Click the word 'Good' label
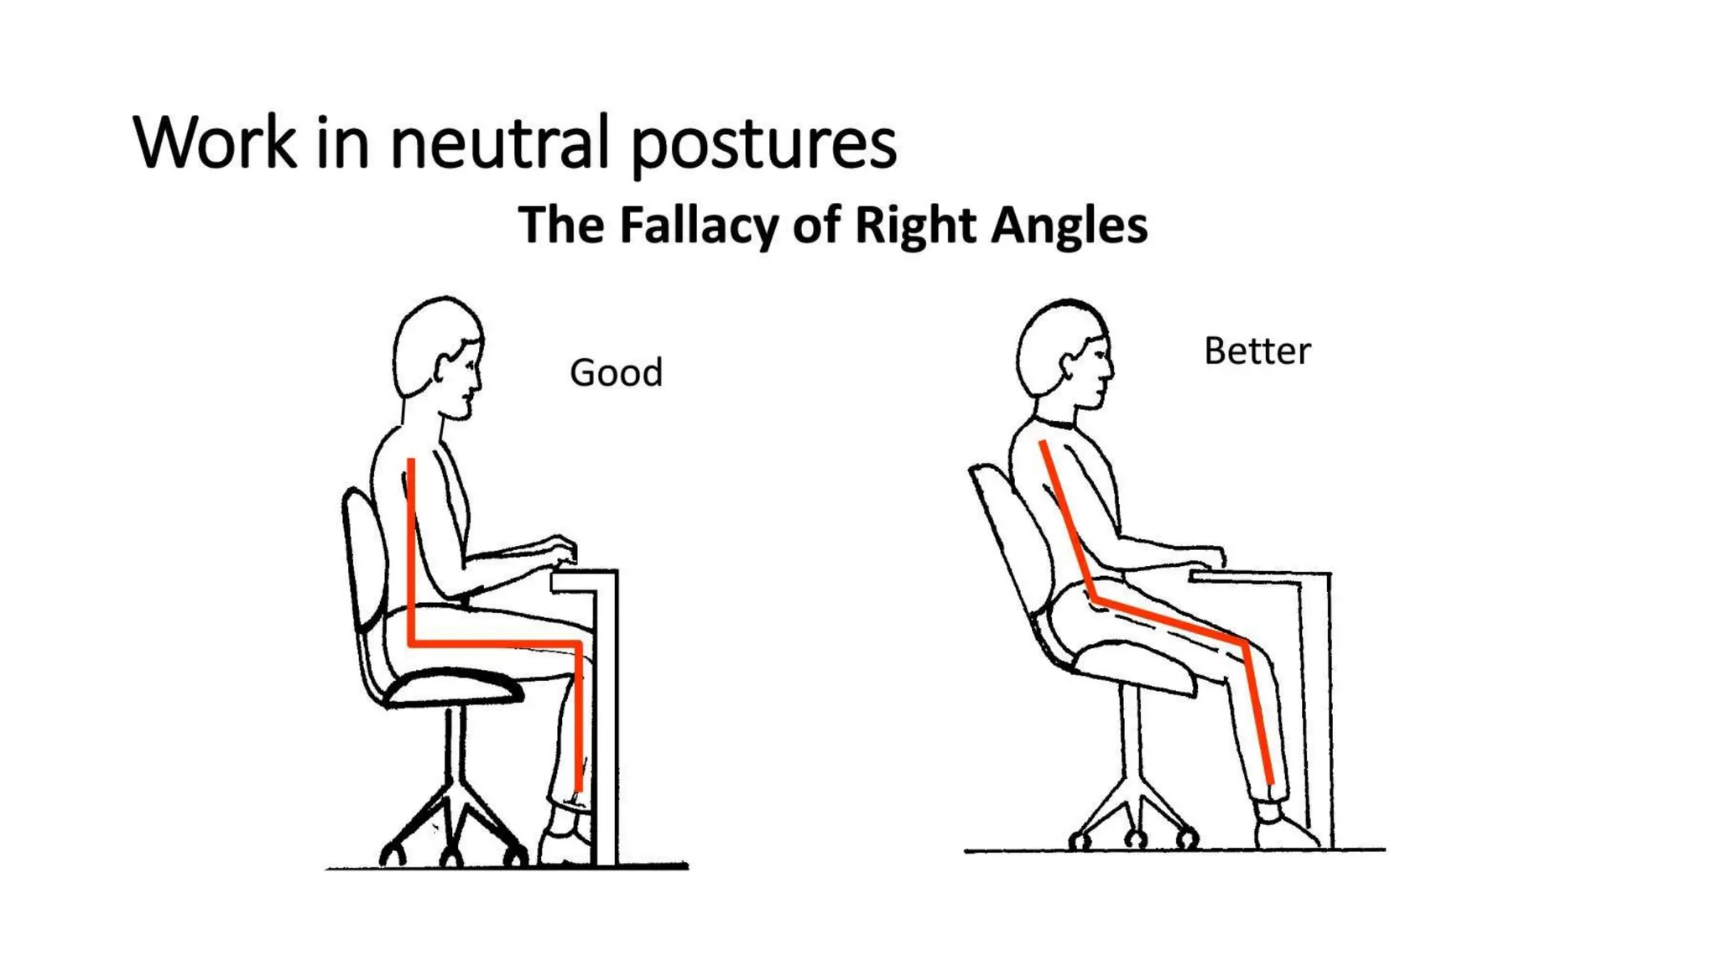pos(616,373)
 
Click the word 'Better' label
pos(1257,351)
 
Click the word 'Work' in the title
pos(214,143)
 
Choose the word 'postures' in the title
pos(763,144)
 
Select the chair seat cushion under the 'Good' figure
pos(453,688)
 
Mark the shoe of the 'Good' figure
pos(564,845)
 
